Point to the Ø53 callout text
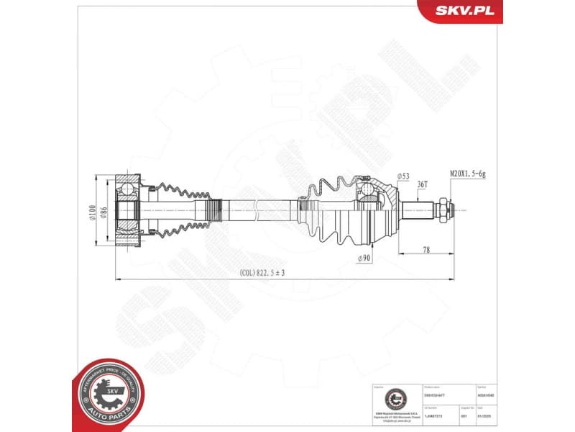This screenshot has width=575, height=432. (402, 176)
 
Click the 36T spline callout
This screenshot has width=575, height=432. (423, 184)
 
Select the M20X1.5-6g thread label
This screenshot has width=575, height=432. (468, 174)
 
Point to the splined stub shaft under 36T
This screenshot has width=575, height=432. (420, 210)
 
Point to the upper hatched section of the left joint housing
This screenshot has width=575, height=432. (129, 180)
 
